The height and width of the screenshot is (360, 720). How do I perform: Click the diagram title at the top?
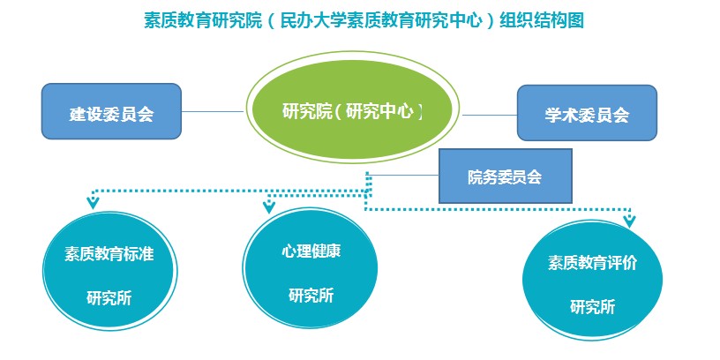coord(363,20)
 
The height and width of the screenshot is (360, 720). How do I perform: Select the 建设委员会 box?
coord(111,112)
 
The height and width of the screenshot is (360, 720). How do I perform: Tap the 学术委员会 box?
coord(587,113)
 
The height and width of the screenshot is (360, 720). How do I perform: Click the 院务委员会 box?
coord(505,176)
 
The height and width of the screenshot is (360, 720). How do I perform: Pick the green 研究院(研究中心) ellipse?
coord(352,111)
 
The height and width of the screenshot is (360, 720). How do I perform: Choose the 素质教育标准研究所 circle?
coord(109,274)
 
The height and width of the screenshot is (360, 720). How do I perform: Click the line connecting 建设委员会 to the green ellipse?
coord(213,112)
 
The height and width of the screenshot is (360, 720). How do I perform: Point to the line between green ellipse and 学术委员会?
coord(490,114)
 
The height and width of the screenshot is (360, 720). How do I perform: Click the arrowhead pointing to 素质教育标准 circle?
coord(93,201)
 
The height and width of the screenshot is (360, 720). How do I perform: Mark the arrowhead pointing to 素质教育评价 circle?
coord(628,220)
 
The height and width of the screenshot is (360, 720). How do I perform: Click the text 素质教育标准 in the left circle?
coord(109,253)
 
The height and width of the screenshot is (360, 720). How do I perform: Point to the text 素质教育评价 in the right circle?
coord(592,263)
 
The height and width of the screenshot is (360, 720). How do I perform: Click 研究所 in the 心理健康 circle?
coord(311,295)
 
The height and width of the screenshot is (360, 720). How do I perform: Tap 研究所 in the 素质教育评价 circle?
coord(592,307)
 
